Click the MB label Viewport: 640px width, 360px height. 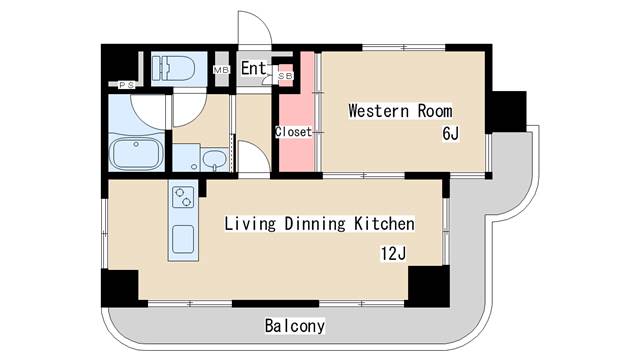222,70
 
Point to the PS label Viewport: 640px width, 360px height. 127,85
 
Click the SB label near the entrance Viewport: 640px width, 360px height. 285,76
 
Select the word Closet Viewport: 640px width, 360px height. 294,132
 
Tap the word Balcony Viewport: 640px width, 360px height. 295,326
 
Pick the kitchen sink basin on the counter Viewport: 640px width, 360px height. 183,240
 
